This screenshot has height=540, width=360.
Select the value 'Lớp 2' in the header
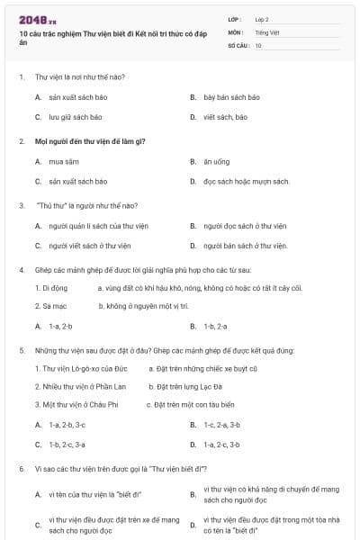(262, 18)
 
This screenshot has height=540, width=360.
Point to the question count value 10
(258, 45)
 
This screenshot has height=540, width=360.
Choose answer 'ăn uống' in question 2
(218, 161)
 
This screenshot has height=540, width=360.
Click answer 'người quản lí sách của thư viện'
(98, 225)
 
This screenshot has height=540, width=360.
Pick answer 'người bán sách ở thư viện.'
(245, 246)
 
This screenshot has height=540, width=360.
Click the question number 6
(21, 469)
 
